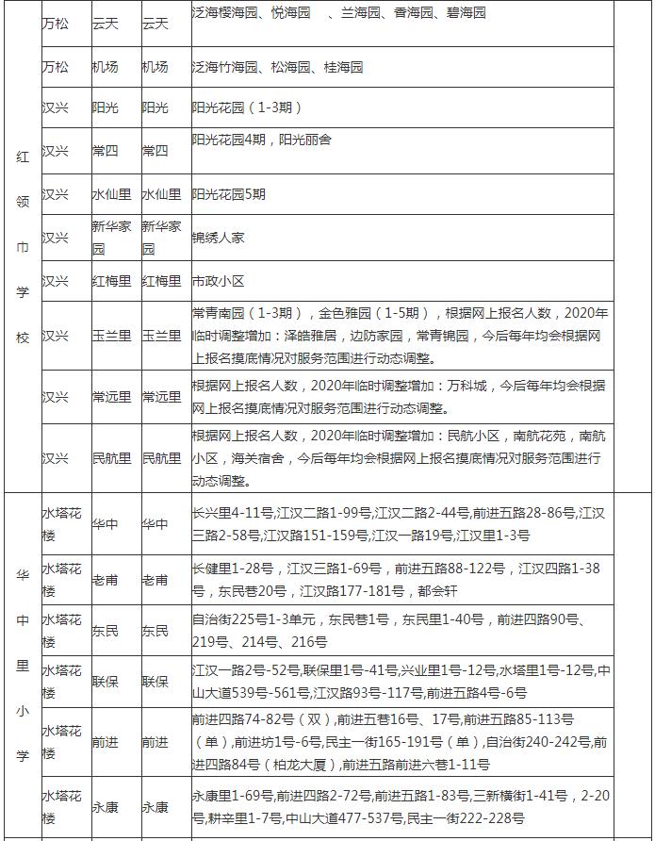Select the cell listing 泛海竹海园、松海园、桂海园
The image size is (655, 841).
click(277, 68)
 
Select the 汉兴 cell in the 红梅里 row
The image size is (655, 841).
click(56, 281)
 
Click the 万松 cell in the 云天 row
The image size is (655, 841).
click(56, 23)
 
